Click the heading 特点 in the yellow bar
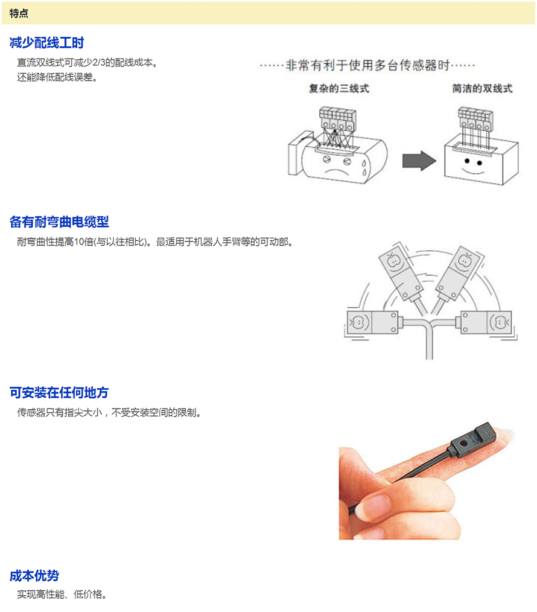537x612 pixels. pyautogui.click(x=19, y=13)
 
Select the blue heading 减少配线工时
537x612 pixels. pyautogui.click(x=46, y=42)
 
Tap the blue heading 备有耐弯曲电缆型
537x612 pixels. pyautogui.click(x=59, y=222)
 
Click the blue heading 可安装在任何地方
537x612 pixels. pyautogui.click(x=59, y=392)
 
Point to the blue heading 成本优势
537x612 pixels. pyautogui.click(x=34, y=575)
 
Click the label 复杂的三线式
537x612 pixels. pyautogui.click(x=338, y=89)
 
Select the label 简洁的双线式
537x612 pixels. pyautogui.click(x=482, y=89)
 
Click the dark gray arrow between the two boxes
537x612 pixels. pyautogui.click(x=419, y=161)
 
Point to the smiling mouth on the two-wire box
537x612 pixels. pyautogui.click(x=473, y=171)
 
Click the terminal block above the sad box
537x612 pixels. pyautogui.click(x=337, y=119)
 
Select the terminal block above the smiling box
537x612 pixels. pyautogui.click(x=475, y=119)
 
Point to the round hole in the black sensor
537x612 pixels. pyautogui.click(x=463, y=444)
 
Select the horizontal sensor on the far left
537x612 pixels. pyautogui.click(x=373, y=322)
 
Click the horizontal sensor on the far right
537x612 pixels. pyautogui.click(x=486, y=322)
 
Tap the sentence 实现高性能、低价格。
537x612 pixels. pyautogui.click(x=62, y=594)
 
